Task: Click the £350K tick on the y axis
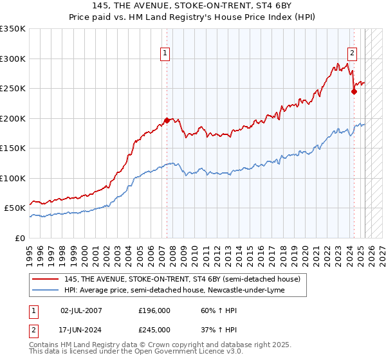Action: pos(13,29)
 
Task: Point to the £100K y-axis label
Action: pos(13,178)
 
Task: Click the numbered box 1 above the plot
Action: pos(166,54)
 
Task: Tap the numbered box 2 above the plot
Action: pos(353,54)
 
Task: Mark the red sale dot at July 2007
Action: pos(167,120)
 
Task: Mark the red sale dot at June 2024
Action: pos(354,91)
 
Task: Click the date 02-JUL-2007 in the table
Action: pos(81,310)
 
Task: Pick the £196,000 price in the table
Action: pos(154,310)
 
